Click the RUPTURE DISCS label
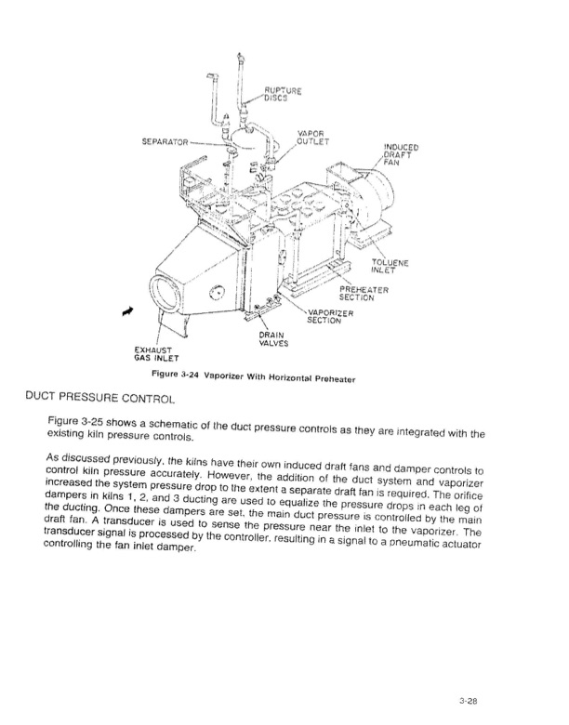(x=283, y=94)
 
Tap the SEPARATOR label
(x=165, y=141)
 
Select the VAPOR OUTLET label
(x=312, y=138)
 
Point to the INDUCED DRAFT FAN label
(x=401, y=154)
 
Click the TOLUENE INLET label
(x=390, y=267)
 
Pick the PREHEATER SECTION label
(x=364, y=294)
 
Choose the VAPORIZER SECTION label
(x=330, y=316)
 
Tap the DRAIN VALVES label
(x=273, y=339)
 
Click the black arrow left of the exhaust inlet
(x=127, y=311)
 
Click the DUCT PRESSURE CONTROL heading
(x=100, y=397)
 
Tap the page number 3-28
(x=469, y=701)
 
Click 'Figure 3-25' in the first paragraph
(x=76, y=421)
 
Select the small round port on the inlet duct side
(x=217, y=292)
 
